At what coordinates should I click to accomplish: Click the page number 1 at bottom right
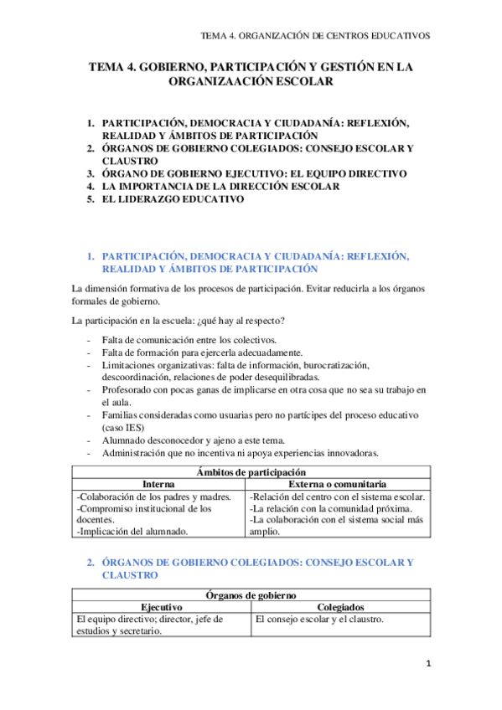point(428,664)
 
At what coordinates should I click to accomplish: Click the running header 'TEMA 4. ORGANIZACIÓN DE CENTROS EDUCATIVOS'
point(317,36)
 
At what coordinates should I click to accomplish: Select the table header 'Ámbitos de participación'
point(251,473)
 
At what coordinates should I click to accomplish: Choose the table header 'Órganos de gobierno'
point(251,595)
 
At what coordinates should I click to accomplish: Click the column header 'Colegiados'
point(340,607)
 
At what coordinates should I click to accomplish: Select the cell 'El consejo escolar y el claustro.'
point(319,620)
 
